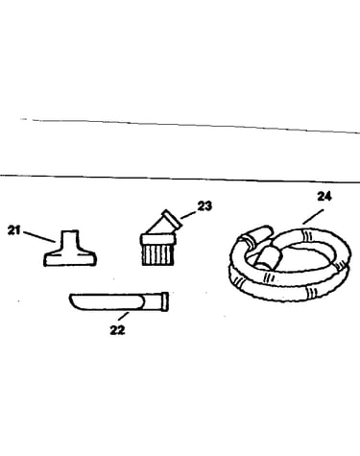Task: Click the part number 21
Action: pyautogui.click(x=13, y=230)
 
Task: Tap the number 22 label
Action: pyautogui.click(x=117, y=330)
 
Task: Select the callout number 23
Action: pyautogui.click(x=204, y=206)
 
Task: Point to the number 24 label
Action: pyautogui.click(x=324, y=196)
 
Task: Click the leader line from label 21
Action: pyautogui.click(x=39, y=237)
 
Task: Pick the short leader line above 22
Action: pyautogui.click(x=124, y=316)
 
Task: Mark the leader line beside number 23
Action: pyautogui.click(x=188, y=215)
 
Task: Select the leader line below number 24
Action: pyautogui.click(x=313, y=217)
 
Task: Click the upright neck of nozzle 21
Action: pyautogui.click(x=70, y=239)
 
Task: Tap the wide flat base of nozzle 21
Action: pyautogui.click(x=70, y=258)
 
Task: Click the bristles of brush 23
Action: pyautogui.click(x=158, y=255)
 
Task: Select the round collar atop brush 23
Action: pyautogui.click(x=172, y=219)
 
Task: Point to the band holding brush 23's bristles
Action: pyautogui.click(x=158, y=239)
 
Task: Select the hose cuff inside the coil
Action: pyautogui.click(x=268, y=258)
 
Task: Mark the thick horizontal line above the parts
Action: pyautogui.click(x=180, y=179)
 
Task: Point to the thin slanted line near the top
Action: pyautogui.click(x=196, y=126)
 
